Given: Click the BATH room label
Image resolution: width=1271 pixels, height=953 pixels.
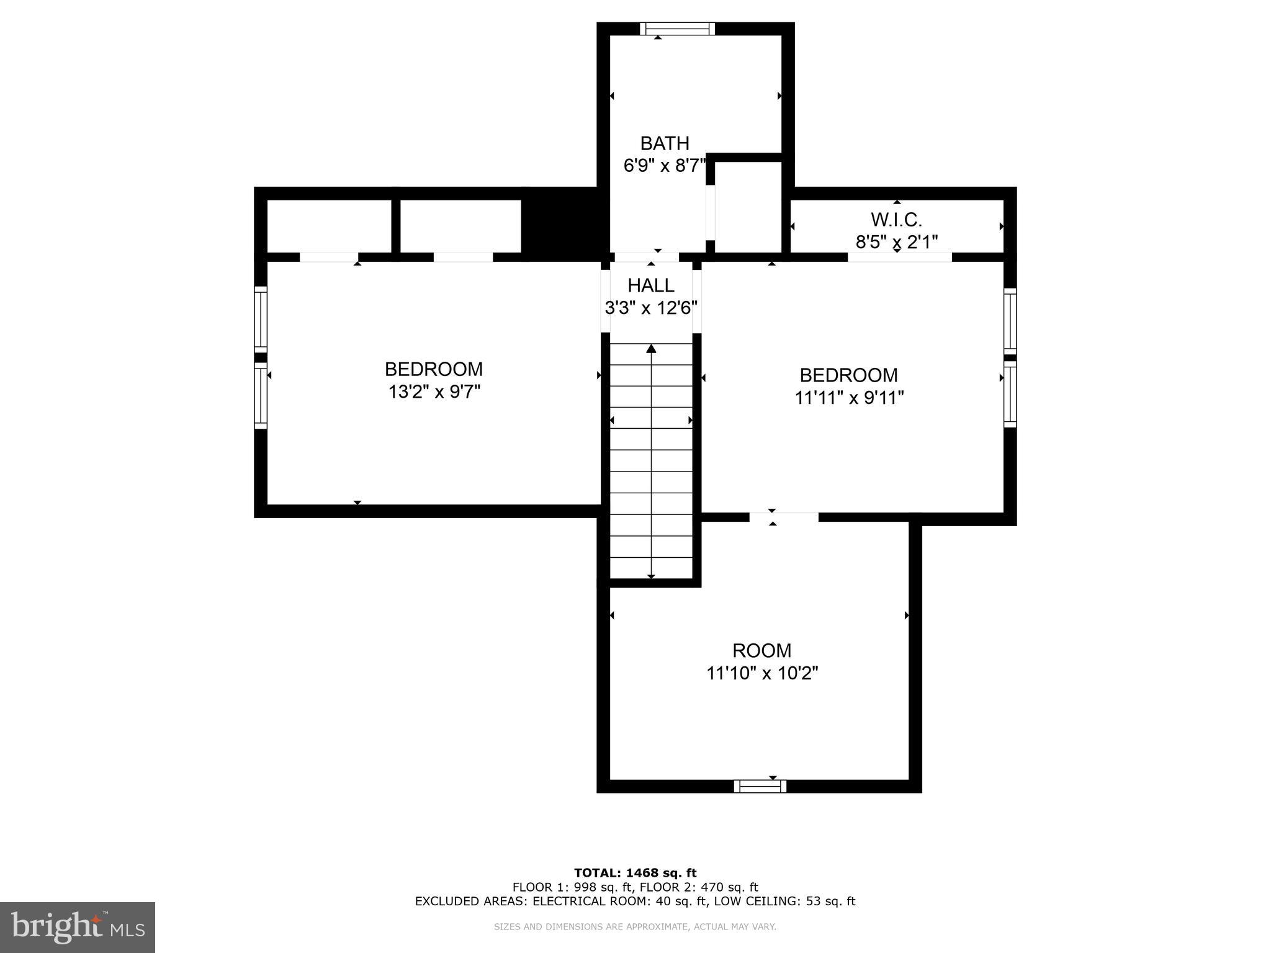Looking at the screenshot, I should tap(665, 143).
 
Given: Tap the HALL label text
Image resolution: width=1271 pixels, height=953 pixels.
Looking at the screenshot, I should tap(651, 285).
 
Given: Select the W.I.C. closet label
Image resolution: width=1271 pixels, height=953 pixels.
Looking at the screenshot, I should tap(896, 219).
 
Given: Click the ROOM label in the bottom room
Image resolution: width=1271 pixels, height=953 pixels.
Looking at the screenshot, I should tap(761, 650).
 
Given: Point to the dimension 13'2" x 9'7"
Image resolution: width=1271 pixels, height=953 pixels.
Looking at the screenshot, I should tap(434, 392).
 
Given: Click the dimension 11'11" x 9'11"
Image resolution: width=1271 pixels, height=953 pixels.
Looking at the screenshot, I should tap(849, 398).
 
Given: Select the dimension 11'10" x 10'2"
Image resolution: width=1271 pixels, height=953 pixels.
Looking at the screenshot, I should tap(762, 673).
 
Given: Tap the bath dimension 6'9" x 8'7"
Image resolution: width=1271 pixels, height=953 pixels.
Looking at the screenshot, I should tap(665, 166).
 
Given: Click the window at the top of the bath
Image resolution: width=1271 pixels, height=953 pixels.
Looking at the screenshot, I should tap(677, 29).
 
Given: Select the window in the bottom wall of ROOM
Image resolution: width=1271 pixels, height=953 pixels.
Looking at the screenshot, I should tap(760, 786).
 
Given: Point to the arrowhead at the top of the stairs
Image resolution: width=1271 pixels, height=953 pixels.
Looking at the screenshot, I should tap(651, 349).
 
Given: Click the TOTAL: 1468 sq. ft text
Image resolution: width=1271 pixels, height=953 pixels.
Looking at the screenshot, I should tap(635, 873).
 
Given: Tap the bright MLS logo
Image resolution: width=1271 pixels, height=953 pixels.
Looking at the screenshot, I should tap(77, 927).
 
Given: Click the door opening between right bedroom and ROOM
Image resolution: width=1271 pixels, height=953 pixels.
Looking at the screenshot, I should tap(783, 517).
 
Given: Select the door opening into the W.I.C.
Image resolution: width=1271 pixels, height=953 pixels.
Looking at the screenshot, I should tap(899, 257).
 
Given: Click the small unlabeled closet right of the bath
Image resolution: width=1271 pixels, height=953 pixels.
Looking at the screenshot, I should tap(748, 207).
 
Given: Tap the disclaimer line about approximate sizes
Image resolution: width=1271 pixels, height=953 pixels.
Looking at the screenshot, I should tap(635, 927).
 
